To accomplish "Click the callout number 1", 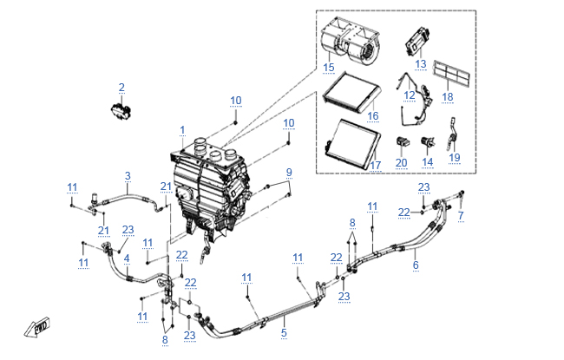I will [182, 130].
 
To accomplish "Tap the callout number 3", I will [127, 176].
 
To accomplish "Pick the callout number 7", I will [461, 214].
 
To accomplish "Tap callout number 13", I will [421, 63].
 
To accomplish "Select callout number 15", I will [329, 67].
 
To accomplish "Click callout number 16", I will [372, 115].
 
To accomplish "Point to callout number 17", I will [376, 165].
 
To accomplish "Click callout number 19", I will [454, 157].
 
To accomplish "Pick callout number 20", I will [401, 162].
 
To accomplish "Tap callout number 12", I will [410, 95].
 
